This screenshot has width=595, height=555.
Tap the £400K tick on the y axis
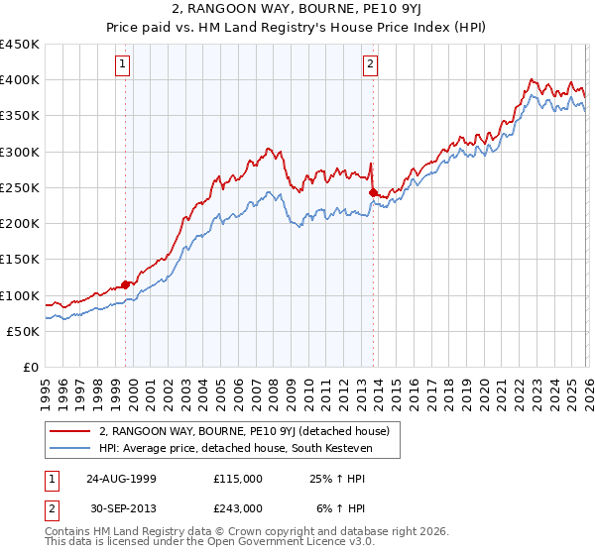click(x=20, y=80)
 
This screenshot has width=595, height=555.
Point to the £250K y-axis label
click(x=20, y=187)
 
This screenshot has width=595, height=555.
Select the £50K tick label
click(x=24, y=331)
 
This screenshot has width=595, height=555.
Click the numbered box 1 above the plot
click(x=122, y=64)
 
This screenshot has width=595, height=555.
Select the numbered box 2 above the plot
click(x=370, y=64)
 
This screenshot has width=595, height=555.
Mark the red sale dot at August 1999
click(x=126, y=284)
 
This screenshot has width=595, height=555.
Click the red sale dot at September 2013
click(x=373, y=192)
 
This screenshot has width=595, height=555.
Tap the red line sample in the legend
click(x=70, y=431)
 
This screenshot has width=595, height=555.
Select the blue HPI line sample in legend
click(x=70, y=449)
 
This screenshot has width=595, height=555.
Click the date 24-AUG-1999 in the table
click(x=121, y=479)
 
